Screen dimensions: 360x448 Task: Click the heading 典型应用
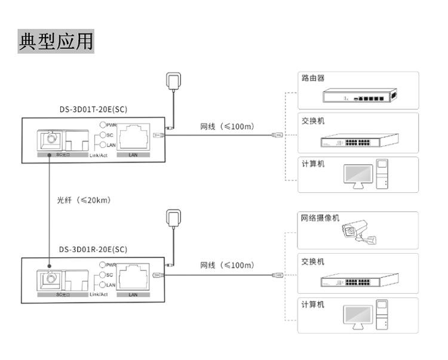(57, 41)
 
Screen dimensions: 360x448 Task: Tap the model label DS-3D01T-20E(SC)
(93, 109)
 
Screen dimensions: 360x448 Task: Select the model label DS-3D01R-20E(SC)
(93, 249)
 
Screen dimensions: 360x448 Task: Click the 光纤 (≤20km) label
(84, 200)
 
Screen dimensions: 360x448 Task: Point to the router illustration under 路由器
(358, 96)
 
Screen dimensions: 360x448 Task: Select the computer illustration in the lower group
(366, 316)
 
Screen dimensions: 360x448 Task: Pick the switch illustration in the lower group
(359, 280)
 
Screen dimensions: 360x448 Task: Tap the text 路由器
(313, 78)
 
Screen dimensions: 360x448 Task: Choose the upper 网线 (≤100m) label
(227, 127)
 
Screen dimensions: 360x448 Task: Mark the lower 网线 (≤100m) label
(227, 265)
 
